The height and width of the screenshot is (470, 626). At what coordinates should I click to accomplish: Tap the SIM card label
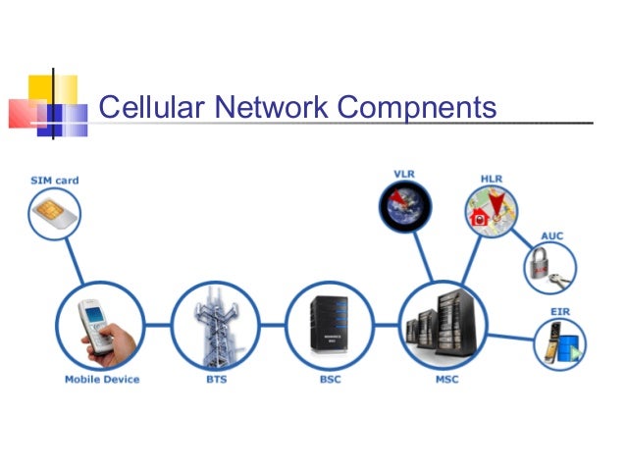[x=53, y=181]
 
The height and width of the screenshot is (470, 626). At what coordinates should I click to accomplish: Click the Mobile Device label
[x=102, y=379]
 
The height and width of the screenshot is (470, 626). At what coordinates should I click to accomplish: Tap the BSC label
[x=330, y=379]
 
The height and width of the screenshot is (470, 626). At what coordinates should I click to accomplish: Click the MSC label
[x=446, y=379]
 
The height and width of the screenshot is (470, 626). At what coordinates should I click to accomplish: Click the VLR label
[x=403, y=174]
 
